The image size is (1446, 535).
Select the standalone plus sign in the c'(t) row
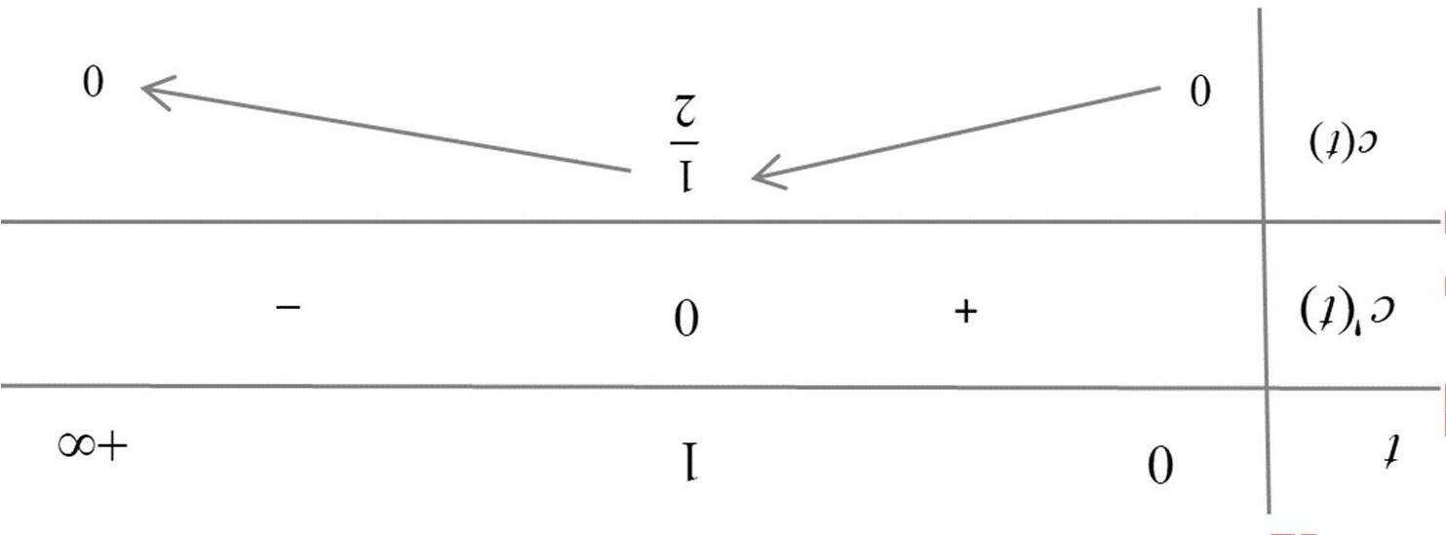point(964,312)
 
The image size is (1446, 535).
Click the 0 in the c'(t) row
point(688,318)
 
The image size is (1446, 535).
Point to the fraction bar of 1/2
point(690,143)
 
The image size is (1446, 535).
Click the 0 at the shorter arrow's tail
point(1200,92)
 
